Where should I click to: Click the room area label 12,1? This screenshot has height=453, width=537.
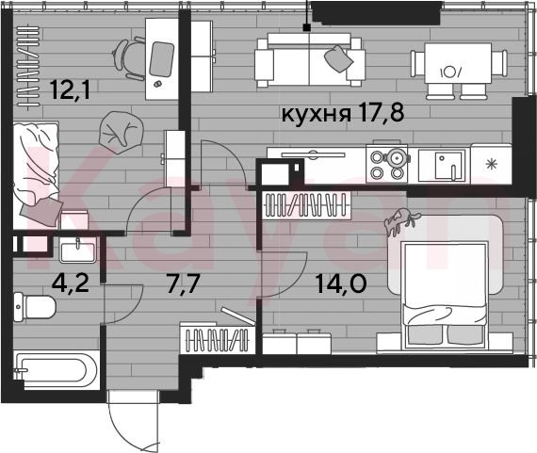(x=70, y=89)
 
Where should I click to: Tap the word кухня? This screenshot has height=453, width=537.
(x=316, y=114)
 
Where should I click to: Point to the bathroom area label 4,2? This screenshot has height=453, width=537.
(x=71, y=283)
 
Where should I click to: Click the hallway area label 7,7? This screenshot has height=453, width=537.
(x=183, y=283)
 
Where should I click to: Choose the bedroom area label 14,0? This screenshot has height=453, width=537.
(x=341, y=283)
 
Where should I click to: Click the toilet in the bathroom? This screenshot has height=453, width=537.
(x=35, y=307)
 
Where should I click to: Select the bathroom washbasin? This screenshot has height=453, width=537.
(x=78, y=249)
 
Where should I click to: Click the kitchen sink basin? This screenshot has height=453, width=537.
(x=447, y=166)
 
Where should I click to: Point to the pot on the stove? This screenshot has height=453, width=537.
(x=397, y=158)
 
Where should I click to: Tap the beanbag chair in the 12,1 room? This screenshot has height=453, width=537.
(x=121, y=133)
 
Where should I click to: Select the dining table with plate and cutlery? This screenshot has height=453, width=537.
(x=458, y=63)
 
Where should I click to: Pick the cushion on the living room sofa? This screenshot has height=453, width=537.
(x=339, y=58)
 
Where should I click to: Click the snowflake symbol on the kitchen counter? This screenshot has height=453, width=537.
(x=492, y=165)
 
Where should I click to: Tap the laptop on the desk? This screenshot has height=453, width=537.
(x=161, y=59)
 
